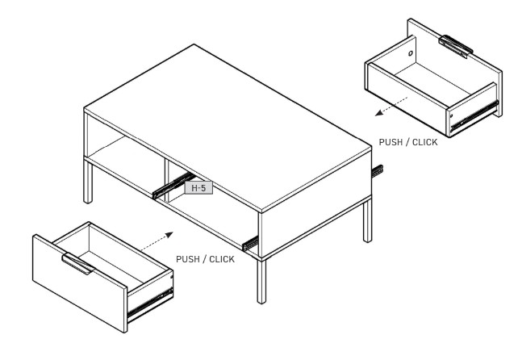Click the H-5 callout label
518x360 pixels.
coord(198,188)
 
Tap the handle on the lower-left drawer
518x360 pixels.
coord(78,263)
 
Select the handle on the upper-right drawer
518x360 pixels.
coord(456,46)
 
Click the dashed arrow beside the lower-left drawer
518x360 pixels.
coord(157,241)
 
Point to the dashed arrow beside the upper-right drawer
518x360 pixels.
coord(391,106)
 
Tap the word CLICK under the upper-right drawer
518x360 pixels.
coord(425,142)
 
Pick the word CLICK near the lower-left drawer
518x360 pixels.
coord(222,259)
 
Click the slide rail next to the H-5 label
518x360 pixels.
coord(173,186)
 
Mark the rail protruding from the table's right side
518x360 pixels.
coord(378,171)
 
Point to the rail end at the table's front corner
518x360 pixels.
coord(250,243)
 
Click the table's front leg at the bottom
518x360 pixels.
coord(261,281)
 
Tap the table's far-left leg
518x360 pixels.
coord(88,181)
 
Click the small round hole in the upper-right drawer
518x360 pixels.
coord(411,53)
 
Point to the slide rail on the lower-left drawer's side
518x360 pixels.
coord(150,303)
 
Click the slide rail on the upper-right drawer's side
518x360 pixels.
coord(474,115)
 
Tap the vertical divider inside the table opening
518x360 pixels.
coord(166,179)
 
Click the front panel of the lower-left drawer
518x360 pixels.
coord(80,283)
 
